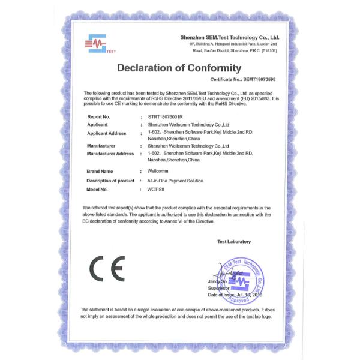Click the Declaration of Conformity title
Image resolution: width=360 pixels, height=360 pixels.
[179, 68]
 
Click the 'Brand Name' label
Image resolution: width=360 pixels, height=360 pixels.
[100, 172]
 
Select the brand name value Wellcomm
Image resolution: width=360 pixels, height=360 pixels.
[157, 172]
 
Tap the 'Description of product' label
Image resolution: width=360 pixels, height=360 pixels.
[110, 181]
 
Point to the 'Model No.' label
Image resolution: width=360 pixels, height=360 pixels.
[97, 189]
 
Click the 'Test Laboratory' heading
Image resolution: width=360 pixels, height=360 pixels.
[234, 242]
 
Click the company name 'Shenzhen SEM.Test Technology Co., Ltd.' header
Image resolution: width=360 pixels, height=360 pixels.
[230, 37]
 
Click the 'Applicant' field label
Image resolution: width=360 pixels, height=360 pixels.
[97, 125]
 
